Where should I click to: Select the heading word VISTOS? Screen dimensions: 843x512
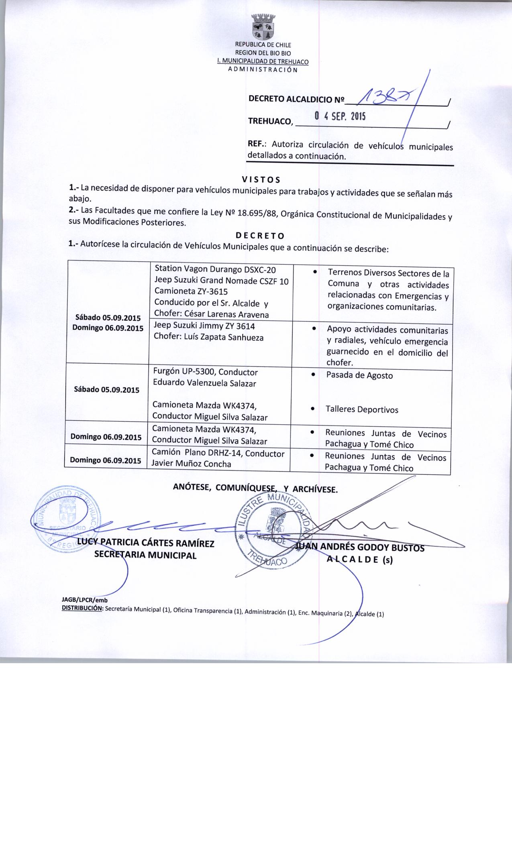[261, 179]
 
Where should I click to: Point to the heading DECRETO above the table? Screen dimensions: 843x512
[260, 235]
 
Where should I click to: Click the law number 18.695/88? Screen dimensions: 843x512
[258, 213]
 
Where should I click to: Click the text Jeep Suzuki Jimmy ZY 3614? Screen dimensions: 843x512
[204, 326]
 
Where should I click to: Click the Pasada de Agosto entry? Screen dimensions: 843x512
[359, 376]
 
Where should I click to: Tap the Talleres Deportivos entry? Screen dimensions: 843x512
[362, 410]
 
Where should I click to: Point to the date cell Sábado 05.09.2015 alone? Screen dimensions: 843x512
[106, 389]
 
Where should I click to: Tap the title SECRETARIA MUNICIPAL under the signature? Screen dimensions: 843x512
[145, 556]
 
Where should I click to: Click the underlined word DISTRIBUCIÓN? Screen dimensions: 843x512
[82, 609]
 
